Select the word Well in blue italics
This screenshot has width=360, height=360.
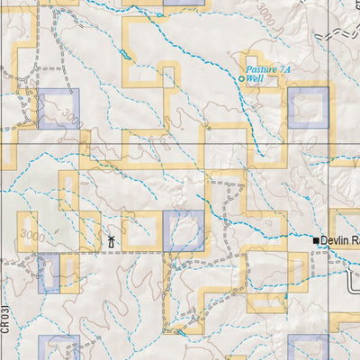point(255,79)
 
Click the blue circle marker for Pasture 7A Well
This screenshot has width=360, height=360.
point(240,79)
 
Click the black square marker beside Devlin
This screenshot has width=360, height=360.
point(316,240)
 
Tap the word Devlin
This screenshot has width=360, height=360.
point(337,240)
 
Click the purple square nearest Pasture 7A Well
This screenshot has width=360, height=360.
point(308,107)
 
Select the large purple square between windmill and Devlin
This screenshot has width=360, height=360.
point(184,231)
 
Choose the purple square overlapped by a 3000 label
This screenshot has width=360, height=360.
point(58,108)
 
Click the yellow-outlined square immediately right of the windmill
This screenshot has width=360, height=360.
point(141,231)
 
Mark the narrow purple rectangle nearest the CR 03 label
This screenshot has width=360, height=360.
point(48,273)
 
